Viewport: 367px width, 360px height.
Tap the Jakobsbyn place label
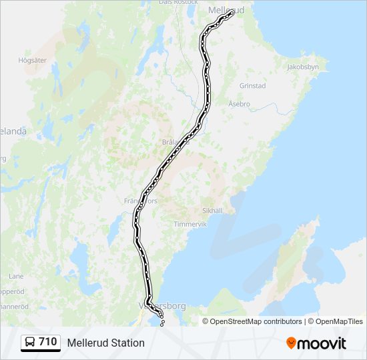click(304, 67)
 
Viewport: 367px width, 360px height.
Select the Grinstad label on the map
click(252, 86)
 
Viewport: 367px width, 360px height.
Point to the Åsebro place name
click(239, 105)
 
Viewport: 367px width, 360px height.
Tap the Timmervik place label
click(191, 225)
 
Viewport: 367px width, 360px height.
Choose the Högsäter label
click(32, 60)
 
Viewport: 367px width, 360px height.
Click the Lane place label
click(16, 276)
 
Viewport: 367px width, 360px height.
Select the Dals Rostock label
click(178, 3)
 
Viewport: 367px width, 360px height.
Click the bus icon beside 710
click(30, 342)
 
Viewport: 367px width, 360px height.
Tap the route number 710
click(48, 342)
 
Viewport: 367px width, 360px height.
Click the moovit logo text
click(322, 343)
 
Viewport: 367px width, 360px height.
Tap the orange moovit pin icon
click(291, 343)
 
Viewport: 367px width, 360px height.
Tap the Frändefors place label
click(140, 199)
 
